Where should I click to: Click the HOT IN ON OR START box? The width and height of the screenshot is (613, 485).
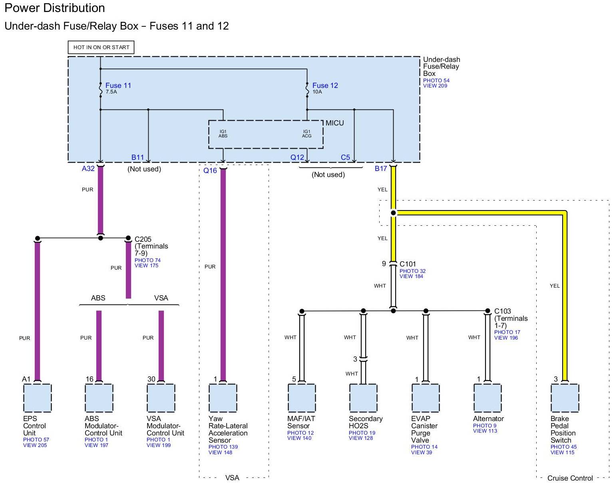tap(101, 47)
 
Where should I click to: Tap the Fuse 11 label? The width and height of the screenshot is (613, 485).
tap(118, 85)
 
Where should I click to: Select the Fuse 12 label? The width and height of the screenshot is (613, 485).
tap(325, 85)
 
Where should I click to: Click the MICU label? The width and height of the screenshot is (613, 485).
tap(334, 123)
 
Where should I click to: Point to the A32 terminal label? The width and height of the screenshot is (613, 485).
tap(88, 169)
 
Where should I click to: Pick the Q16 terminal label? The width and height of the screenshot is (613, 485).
tap(210, 171)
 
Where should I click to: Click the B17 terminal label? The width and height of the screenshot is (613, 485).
tap(381, 169)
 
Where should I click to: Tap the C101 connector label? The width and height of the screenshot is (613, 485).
tap(408, 264)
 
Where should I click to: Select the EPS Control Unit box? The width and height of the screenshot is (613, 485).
tap(38, 398)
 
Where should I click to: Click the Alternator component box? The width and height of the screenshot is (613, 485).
tap(488, 398)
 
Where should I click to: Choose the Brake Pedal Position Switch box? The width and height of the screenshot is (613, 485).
tap(565, 398)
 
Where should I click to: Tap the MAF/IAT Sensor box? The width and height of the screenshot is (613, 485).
tap(302, 398)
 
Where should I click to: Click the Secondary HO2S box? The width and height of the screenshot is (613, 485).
tap(363, 398)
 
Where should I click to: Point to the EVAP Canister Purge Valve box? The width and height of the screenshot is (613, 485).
tap(426, 398)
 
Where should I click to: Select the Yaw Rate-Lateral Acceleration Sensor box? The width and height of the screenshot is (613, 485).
tap(223, 398)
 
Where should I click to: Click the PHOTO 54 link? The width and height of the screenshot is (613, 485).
tap(436, 80)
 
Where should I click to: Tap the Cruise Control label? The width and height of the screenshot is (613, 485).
tap(570, 478)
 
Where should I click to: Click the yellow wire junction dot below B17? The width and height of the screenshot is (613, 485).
tap(393, 213)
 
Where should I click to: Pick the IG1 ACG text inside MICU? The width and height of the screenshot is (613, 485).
tap(306, 133)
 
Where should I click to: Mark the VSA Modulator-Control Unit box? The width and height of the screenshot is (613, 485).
tap(161, 398)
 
